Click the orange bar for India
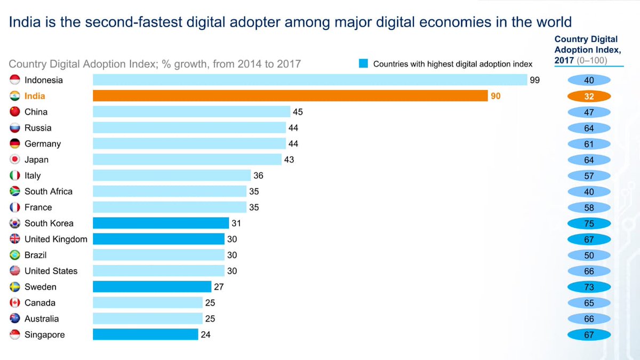(290, 96)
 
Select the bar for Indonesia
(310, 80)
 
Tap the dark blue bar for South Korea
(161, 223)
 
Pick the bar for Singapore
(145, 334)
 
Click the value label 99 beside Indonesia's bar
(535, 80)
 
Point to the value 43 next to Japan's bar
(289, 159)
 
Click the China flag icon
(15, 112)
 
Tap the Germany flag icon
(15, 143)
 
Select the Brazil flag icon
(15, 255)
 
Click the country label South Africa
(49, 191)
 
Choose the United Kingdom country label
(56, 239)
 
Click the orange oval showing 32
(589, 97)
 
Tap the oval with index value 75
(589, 224)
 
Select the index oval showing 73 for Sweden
(589, 287)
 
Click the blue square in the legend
(363, 64)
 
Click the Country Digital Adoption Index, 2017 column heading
(586, 49)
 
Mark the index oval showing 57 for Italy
(589, 176)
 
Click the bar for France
(170, 207)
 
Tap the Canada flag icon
(15, 303)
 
